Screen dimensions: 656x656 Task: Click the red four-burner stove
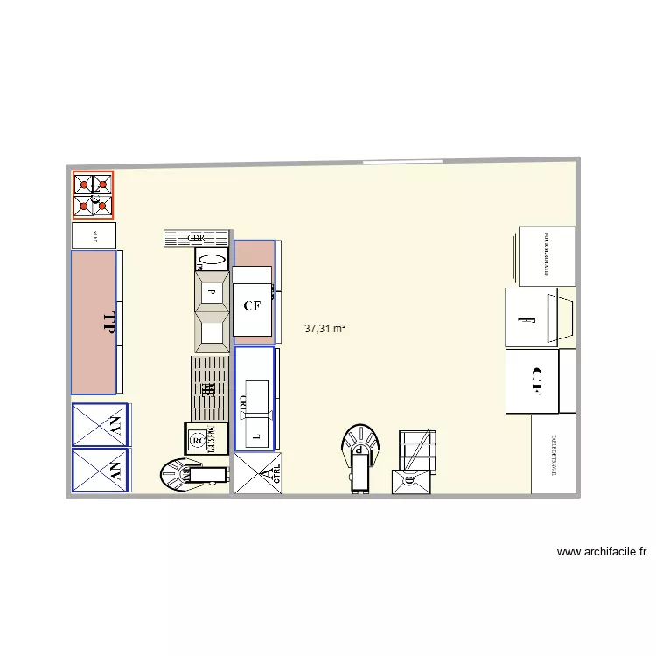pos(93,194)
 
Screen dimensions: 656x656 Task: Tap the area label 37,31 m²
pos(325,329)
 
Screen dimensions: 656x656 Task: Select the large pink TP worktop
pos(94,322)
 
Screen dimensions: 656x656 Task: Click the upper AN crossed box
pos(100,425)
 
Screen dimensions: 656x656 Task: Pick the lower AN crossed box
pos(100,471)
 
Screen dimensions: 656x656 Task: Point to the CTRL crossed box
pos(258,474)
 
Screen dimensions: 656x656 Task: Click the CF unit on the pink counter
pos(253,305)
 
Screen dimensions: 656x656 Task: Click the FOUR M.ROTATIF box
pos(547,255)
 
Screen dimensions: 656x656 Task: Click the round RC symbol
pos(197,438)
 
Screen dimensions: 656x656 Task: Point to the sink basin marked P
pos(211,290)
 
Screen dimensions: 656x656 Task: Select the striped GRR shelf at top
pos(196,237)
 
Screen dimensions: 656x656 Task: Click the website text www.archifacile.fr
pos(601,552)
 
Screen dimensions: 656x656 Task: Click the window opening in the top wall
pos(403,161)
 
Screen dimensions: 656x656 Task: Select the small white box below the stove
pos(93,235)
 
